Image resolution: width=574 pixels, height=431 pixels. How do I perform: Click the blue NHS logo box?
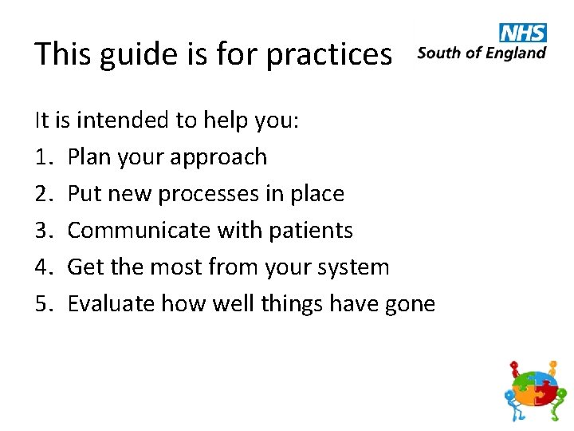coord(523,33)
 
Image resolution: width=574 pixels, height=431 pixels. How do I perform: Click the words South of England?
coord(482,53)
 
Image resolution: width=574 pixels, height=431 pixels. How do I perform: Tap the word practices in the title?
coord(329,54)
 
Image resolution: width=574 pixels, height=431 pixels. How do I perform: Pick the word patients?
coord(310,231)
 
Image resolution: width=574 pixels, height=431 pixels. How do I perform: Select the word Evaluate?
coord(111,304)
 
